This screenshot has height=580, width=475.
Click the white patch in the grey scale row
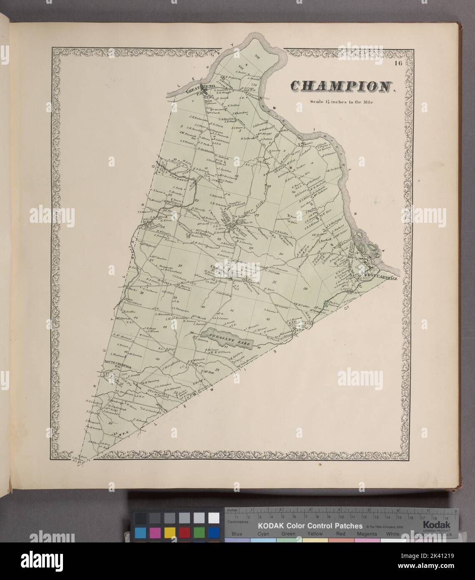click(214, 518)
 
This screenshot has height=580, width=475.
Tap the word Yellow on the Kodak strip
click(315, 534)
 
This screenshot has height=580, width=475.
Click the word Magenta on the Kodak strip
click(367, 534)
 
